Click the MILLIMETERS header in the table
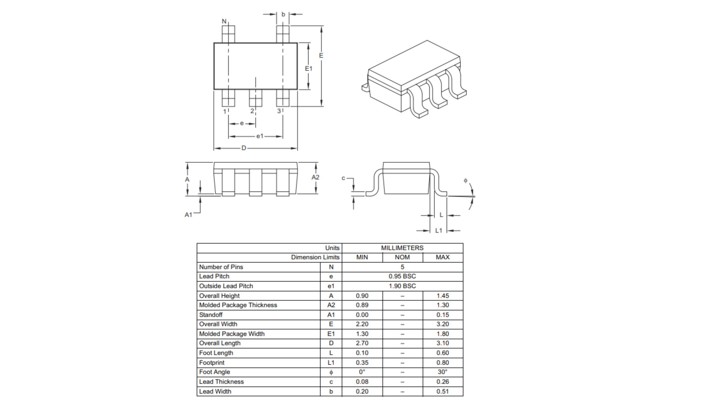(402, 248)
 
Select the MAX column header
(442, 257)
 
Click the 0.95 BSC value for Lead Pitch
(402, 276)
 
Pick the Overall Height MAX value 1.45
(442, 296)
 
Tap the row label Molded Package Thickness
(238, 305)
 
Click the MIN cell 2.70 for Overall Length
(362, 343)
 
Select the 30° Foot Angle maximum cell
(442, 372)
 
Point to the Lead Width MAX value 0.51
(442, 391)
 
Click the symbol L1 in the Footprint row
(331, 362)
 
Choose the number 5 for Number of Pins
(402, 267)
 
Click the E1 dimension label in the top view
(309, 68)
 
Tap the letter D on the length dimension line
(244, 148)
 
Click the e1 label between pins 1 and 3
(260, 136)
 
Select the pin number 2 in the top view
(252, 111)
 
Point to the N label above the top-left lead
(224, 21)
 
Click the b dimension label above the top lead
(283, 14)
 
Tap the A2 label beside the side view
(315, 177)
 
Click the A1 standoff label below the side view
(188, 215)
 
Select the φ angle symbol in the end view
(466, 181)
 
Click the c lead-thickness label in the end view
(343, 178)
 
